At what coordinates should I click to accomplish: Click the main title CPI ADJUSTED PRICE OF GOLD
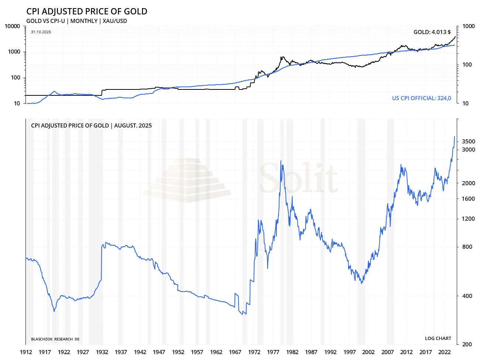pos(87,11)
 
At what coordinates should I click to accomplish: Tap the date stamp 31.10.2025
pos(41,32)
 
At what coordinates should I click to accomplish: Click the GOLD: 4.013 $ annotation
pos(432,32)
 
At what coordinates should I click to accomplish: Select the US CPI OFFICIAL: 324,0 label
pos(421,98)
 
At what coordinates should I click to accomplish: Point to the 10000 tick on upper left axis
pos(13,26)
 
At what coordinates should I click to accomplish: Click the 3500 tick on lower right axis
pos(468,142)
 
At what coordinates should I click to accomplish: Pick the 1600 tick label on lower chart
pos(468,199)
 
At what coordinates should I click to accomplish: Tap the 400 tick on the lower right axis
pos(467,296)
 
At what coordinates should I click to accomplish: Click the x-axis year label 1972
pos(254,352)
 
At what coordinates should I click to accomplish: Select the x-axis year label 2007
pos(387,352)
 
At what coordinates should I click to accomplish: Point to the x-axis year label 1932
pos(102,352)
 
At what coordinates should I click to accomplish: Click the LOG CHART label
pos(438,339)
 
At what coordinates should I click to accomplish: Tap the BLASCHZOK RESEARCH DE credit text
pos(55,339)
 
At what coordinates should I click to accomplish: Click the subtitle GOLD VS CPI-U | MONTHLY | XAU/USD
pos(76,21)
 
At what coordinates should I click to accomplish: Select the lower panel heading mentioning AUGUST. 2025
pos(91,126)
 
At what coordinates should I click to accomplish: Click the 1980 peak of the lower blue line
pos(281,161)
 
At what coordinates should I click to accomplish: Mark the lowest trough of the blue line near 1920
pos(54,311)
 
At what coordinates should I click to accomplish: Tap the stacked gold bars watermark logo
pos(187,180)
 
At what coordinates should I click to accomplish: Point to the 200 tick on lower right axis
pos(467,344)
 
